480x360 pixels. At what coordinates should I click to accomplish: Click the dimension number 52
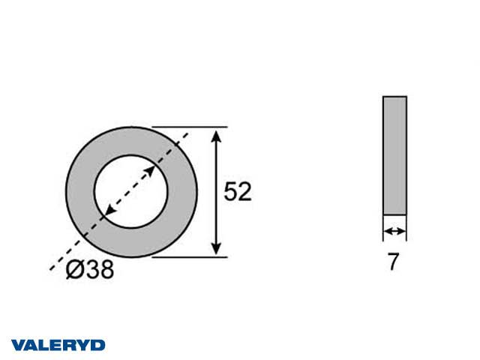(238, 192)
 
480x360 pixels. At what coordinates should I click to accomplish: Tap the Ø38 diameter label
(90, 269)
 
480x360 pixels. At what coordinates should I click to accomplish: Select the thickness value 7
(393, 262)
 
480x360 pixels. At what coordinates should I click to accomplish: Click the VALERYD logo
(58, 345)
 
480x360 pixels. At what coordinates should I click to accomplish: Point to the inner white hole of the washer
(131, 192)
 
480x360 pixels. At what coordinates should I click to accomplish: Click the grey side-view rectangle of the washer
(395, 155)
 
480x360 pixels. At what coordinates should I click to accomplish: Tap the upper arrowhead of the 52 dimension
(217, 136)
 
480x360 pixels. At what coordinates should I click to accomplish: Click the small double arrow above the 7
(395, 231)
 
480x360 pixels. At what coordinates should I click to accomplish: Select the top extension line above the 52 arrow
(190, 127)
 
